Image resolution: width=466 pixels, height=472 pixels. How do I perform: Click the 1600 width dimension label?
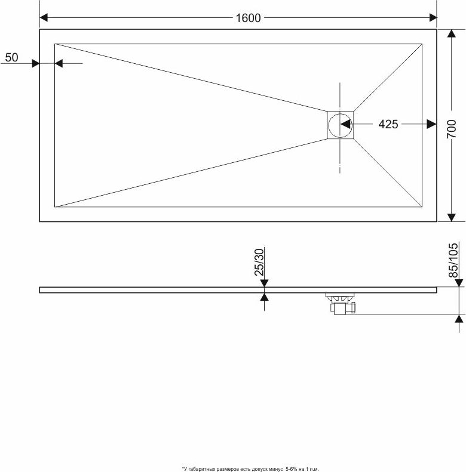248,18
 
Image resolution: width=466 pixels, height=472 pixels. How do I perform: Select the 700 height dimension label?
452,129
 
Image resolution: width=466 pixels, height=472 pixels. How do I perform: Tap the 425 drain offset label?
388,124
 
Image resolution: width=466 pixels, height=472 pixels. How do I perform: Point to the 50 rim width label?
12,57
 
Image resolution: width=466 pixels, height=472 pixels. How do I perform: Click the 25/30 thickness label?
259,262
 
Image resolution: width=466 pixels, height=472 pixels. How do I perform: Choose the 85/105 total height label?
453,260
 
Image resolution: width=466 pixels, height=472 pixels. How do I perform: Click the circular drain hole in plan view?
340,125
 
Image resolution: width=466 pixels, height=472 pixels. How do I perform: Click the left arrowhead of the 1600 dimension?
44,18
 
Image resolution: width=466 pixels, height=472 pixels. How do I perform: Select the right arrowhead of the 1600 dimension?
433,18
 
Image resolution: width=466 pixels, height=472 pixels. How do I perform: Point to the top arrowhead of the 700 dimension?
451,33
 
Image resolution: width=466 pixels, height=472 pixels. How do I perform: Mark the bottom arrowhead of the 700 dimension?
451,217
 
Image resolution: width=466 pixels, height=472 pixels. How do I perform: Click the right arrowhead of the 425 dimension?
432,124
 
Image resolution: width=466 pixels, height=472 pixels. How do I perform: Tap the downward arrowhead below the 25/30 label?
264,283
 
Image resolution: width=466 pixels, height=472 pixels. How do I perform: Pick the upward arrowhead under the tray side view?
264,297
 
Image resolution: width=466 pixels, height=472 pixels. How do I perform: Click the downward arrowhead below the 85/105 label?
459,283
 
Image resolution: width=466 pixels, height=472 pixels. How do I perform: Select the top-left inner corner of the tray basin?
55,44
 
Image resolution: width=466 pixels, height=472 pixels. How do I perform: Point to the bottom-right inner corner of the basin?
422,207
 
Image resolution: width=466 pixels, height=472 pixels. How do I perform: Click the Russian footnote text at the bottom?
250,469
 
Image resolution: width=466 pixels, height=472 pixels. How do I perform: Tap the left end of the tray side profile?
40,290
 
